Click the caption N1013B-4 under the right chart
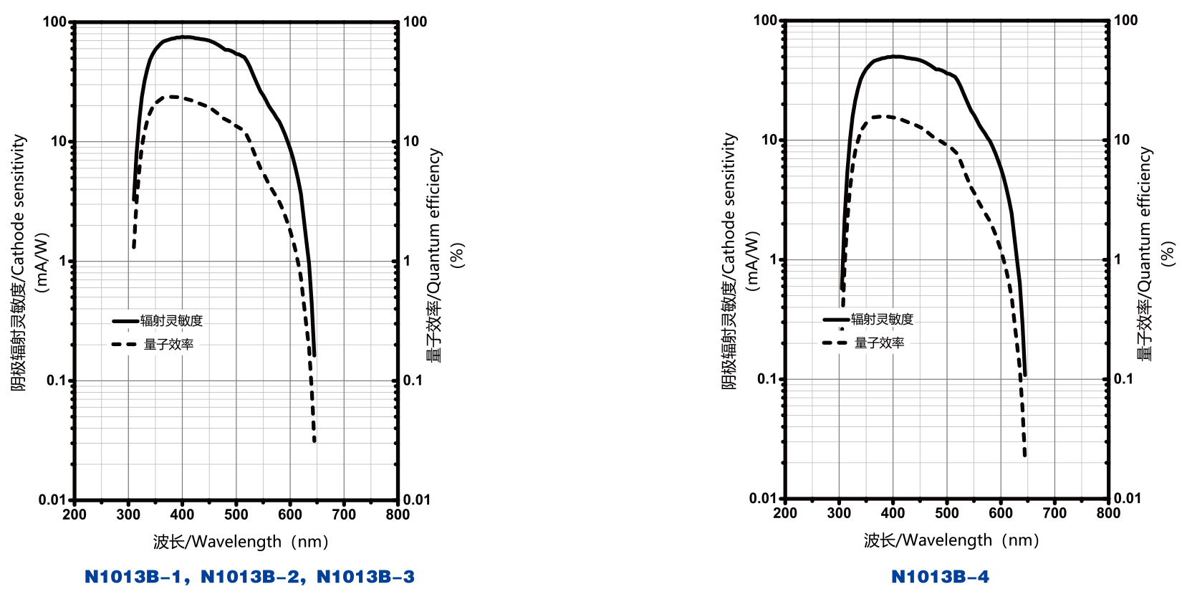click(940, 577)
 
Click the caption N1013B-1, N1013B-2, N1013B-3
click(249, 577)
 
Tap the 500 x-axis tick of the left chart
click(236, 515)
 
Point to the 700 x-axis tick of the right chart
click(1054, 513)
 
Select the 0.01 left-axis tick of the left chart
click(52, 500)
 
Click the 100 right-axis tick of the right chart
click(1125, 21)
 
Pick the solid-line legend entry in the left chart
click(158, 321)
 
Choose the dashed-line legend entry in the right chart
click(864, 343)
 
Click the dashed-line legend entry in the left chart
click(153, 345)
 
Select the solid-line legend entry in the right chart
click(868, 320)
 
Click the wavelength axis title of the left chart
click(241, 542)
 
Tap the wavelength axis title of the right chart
click(951, 540)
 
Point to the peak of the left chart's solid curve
click(184, 37)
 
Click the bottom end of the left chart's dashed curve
click(314, 440)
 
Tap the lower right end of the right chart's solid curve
click(1025, 373)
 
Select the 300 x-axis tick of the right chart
click(839, 513)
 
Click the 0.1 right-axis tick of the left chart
click(413, 381)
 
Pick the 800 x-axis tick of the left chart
click(398, 515)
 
